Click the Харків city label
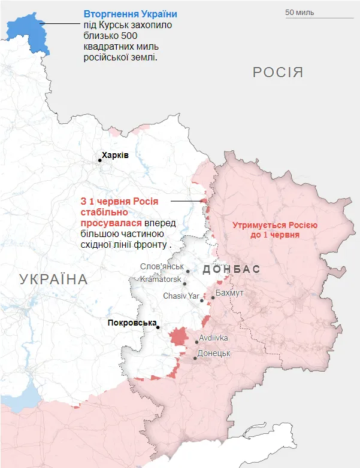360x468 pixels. [115, 155]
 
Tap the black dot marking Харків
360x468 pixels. [100, 160]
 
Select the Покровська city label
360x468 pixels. [131, 323]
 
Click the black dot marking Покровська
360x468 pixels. [158, 327]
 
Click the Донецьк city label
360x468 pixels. [214, 353]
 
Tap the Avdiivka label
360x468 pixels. [214, 338]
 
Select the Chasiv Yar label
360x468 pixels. [181, 296]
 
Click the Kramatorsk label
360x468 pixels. [160, 279]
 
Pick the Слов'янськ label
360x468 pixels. [162, 266]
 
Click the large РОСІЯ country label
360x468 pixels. [278, 73]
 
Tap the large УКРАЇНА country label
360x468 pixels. [53, 279]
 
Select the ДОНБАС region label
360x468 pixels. [231, 269]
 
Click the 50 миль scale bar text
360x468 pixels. [300, 13]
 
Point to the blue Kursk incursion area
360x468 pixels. [26, 33]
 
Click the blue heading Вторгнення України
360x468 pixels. [130, 14]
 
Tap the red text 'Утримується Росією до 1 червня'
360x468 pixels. [275, 230]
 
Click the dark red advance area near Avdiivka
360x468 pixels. [178, 336]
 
